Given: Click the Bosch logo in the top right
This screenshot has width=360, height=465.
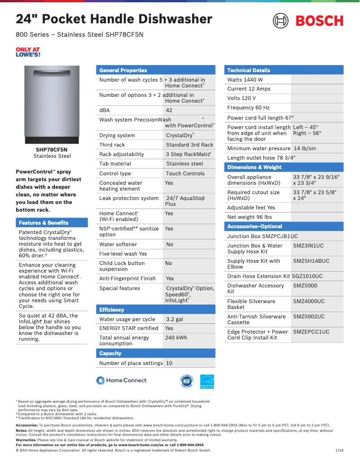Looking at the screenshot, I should pyautogui.click(x=308, y=21).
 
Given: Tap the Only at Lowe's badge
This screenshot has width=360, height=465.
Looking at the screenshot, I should pyautogui.click(x=28, y=52).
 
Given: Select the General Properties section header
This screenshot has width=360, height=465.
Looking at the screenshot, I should pyautogui.click(x=123, y=70).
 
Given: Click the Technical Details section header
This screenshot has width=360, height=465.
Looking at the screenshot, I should pyautogui.click(x=248, y=70).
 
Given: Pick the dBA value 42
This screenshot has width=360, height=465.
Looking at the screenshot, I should pyautogui.click(x=169, y=110).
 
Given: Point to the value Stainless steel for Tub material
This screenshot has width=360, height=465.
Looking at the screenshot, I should pyautogui.click(x=184, y=164).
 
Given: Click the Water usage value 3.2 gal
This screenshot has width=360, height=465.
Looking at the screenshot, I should pyautogui.click(x=175, y=319).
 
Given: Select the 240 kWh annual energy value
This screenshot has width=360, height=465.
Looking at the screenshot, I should pyautogui.click(x=176, y=338).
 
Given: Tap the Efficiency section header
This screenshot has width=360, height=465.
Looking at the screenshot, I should pyautogui.click(x=112, y=310).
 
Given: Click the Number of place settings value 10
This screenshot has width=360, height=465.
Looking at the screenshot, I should pyautogui.click(x=169, y=363).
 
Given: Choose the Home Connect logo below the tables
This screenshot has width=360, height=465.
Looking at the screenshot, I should pyautogui.click(x=122, y=380).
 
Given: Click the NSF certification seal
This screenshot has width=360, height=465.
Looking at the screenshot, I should pyautogui.click(x=186, y=381).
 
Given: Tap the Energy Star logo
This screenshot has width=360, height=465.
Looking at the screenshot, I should pyautogui.click(x=207, y=381).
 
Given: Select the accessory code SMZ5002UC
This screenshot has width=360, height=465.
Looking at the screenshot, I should pyautogui.click(x=309, y=317).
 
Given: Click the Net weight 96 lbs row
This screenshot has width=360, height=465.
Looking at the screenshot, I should pyautogui.click(x=250, y=217).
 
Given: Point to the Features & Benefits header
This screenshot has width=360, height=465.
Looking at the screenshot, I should pyautogui.click(x=44, y=223).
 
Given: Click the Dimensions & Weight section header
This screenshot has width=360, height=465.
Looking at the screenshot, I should pyautogui.click(x=254, y=167).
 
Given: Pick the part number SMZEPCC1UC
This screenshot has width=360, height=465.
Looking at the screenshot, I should pyautogui.click(x=311, y=332).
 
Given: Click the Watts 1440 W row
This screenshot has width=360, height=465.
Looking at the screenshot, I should pyautogui.click(x=245, y=80).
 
